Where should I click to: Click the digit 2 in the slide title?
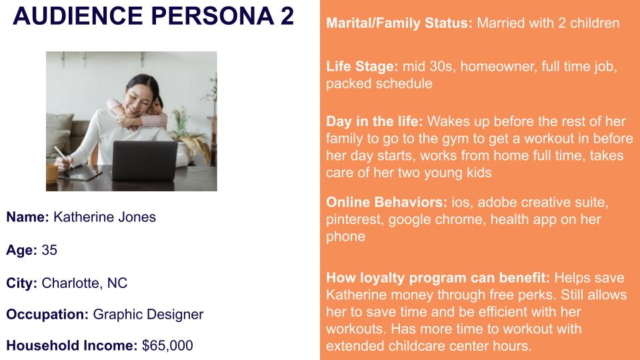(x=287, y=15)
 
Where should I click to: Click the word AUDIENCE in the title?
(x=77, y=15)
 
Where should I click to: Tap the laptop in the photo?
(x=145, y=161)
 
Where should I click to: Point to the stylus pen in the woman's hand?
(x=64, y=157)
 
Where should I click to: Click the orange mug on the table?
(x=51, y=173)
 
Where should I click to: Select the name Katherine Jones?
(x=105, y=217)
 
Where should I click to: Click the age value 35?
(x=49, y=250)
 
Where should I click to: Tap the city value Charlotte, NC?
(x=85, y=283)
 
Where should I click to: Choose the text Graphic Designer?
(x=148, y=314)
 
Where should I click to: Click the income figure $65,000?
(x=167, y=346)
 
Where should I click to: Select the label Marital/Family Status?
(x=399, y=23)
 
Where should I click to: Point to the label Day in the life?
(x=374, y=121)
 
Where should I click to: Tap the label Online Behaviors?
(x=387, y=202)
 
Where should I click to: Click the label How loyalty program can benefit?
(x=438, y=277)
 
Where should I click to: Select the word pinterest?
(x=354, y=219)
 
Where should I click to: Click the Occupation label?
(x=47, y=314)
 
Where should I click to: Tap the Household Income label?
(x=72, y=346)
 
